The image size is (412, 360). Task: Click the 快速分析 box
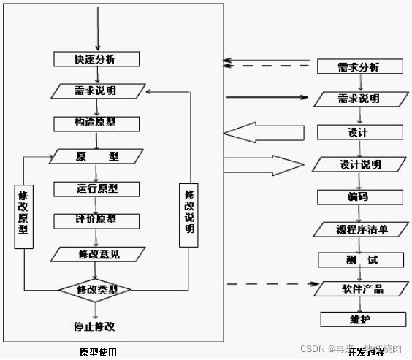[x=96, y=59]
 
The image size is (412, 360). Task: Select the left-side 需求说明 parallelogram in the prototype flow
[x=96, y=91]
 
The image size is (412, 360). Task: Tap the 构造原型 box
[x=96, y=123]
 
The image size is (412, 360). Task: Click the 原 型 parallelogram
[x=96, y=156]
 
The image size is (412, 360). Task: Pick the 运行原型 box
[x=96, y=188]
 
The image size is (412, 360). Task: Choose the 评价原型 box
[x=96, y=220]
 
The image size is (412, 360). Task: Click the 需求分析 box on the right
[x=359, y=67]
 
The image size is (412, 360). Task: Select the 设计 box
[x=359, y=132]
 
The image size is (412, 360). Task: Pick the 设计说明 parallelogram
[x=359, y=164]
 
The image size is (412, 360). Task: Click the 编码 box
[x=359, y=196]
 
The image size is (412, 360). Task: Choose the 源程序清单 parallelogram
[x=360, y=229]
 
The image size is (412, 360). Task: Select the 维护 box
[x=363, y=320]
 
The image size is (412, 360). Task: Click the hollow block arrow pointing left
[x=263, y=133]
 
